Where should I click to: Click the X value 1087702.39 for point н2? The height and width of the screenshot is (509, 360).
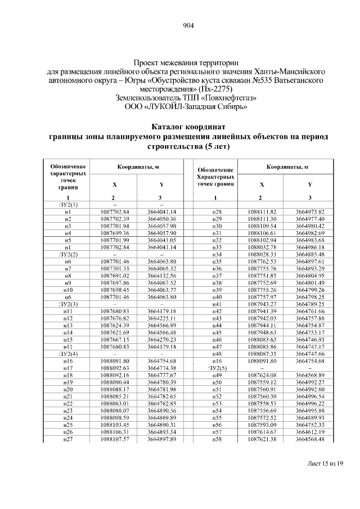pos(115,218)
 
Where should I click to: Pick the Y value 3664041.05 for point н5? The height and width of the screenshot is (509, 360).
pos(162,240)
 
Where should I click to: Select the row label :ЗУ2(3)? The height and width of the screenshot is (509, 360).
pos(67,304)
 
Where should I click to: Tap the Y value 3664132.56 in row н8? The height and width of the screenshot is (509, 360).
pos(162,276)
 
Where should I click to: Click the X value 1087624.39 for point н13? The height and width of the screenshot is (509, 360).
pos(115,325)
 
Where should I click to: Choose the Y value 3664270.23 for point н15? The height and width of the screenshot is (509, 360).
pos(162,340)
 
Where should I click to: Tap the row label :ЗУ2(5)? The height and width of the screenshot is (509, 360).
pos(216,368)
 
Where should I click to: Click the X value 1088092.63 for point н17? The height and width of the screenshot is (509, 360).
pos(115,368)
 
